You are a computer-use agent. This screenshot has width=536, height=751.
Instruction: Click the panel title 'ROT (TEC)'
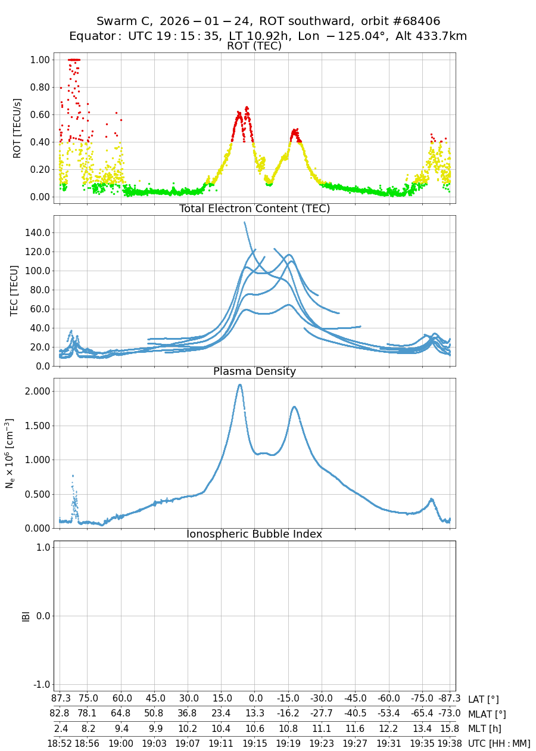(254, 46)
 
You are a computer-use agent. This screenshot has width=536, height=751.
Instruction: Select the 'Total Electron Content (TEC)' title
(254, 209)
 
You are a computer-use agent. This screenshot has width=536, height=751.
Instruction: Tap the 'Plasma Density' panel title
(254, 371)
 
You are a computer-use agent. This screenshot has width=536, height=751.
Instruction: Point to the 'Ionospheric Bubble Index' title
(254, 534)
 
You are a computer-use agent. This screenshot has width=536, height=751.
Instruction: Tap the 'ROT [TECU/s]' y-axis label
(17, 128)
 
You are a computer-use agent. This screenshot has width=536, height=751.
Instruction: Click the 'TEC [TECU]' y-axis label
(15, 290)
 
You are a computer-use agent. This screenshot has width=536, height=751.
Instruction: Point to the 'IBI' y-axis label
(26, 616)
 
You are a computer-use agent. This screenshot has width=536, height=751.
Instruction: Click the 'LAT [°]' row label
(484, 699)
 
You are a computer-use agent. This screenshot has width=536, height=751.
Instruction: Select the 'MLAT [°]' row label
(487, 714)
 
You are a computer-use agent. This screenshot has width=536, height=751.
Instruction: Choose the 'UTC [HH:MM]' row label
(498, 743)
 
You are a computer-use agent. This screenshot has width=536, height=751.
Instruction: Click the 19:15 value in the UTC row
(255, 743)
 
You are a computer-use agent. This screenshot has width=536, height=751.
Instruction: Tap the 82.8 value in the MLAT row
(60, 714)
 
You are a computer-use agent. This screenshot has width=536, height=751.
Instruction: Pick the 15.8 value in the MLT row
(449, 728)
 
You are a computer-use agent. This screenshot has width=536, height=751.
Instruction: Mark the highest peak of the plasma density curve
(240, 384)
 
